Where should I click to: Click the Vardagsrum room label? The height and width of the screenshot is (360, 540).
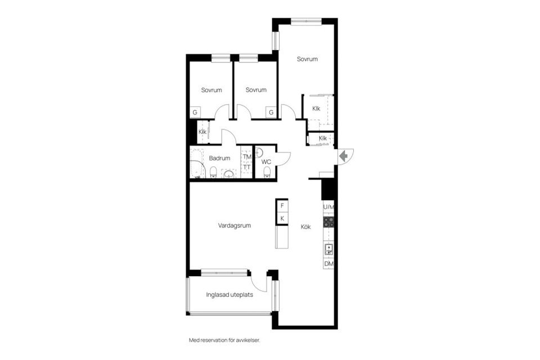(x=235, y=226)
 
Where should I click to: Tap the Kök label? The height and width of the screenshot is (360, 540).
(x=306, y=227)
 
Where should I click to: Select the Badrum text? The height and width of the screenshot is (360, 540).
(x=219, y=159)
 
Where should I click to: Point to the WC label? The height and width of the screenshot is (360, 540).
(x=267, y=162)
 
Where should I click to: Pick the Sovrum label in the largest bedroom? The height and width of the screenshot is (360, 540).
(x=308, y=59)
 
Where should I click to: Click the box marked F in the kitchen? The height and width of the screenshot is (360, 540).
(x=282, y=206)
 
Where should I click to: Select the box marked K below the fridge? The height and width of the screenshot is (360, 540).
(x=282, y=218)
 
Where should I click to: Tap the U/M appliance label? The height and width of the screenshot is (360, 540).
(x=328, y=207)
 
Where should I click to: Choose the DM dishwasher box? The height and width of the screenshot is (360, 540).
(x=328, y=264)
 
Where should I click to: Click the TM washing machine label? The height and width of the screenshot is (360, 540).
(x=247, y=157)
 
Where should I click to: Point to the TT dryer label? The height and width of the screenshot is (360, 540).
(x=247, y=167)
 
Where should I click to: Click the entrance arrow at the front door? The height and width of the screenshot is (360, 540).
(x=344, y=156)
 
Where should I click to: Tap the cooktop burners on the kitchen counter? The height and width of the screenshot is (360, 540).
(x=328, y=221)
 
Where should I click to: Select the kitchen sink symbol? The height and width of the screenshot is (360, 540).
(x=328, y=249)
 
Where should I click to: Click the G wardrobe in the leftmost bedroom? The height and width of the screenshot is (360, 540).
(x=195, y=112)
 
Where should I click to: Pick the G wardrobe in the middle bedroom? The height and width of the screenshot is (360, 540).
(x=271, y=112)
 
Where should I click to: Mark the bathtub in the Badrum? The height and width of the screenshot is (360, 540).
(x=196, y=164)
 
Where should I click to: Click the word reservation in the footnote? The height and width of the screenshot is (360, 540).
(x=220, y=340)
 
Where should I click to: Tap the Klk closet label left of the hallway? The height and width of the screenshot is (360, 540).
(x=202, y=132)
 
